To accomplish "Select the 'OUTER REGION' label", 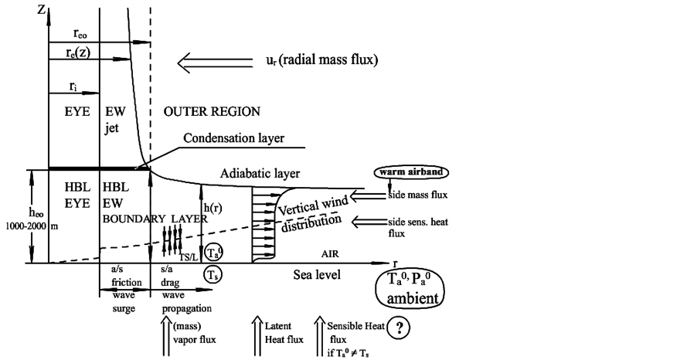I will [x=212, y=111].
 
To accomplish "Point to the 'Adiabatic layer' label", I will [x=259, y=173].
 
